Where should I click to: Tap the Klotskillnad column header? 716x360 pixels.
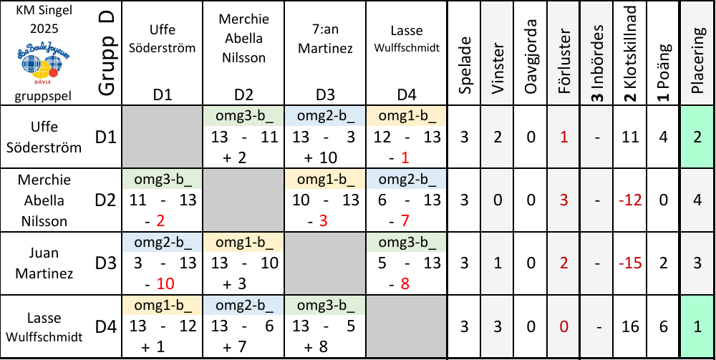coord(630,54)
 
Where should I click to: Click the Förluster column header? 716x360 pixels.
coord(564,54)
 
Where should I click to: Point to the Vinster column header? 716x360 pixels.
coord(498,54)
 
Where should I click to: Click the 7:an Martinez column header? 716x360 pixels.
coord(325,43)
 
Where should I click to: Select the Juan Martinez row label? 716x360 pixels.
coord(44,263)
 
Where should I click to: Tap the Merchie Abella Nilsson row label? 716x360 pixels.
coord(44,200)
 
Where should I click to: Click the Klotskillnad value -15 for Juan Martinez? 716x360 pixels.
coord(630,263)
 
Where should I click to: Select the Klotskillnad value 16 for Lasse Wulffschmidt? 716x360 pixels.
coord(630,326)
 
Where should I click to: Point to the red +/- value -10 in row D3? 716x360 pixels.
coord(162,283)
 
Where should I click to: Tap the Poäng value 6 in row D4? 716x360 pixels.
coord(664,326)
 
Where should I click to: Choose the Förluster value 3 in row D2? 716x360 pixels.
coord(564,200)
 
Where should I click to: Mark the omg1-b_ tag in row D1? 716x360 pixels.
coord(407,115)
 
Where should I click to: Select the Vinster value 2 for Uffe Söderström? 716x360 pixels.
coord(498,137)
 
